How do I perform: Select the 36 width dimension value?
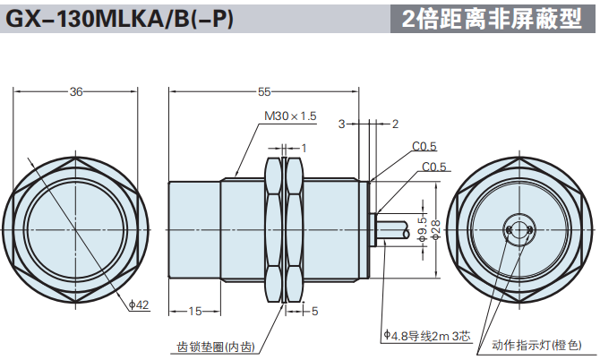76,91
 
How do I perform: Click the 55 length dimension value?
264,91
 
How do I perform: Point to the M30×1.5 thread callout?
291,116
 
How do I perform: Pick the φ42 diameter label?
139,305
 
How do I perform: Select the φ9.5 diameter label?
422,228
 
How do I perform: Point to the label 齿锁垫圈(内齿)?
216,347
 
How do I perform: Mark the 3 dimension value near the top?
341,124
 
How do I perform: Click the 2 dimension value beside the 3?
396,124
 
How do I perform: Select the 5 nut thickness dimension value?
314,311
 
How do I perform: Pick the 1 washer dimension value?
304,148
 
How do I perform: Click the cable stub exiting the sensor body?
390,229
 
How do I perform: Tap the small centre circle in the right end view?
518,229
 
